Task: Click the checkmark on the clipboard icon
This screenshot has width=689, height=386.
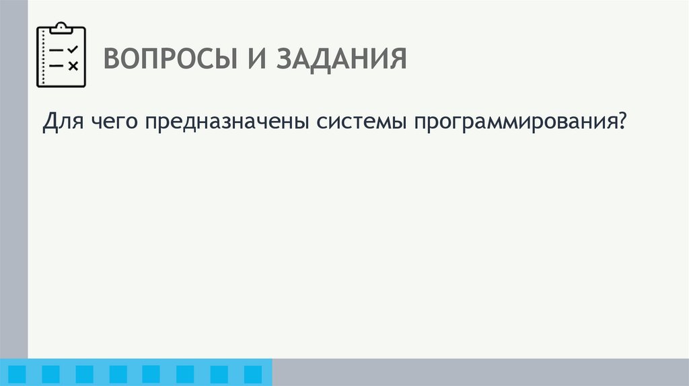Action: click(x=73, y=49)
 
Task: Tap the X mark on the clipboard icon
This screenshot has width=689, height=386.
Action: click(x=73, y=66)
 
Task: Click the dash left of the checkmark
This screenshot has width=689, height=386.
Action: click(x=57, y=50)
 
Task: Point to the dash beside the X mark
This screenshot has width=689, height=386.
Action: click(x=57, y=66)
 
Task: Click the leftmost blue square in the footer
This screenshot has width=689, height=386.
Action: click(x=17, y=374)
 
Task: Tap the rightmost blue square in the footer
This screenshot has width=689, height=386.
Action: click(x=252, y=374)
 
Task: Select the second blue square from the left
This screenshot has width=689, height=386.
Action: click(x=51, y=374)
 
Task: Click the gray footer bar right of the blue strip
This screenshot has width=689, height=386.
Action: click(x=480, y=372)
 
